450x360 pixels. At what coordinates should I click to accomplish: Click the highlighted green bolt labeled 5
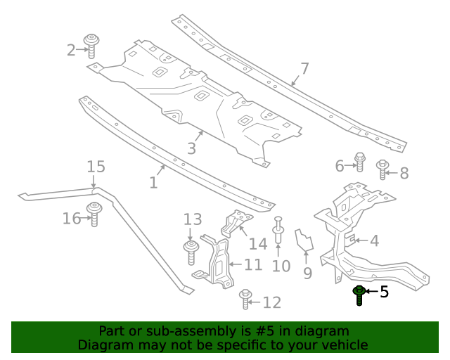click(359, 295)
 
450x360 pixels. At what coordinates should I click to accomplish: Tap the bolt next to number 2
click(91, 45)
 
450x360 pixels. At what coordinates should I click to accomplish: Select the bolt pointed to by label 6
click(359, 162)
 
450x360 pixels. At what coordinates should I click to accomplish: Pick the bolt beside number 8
click(382, 169)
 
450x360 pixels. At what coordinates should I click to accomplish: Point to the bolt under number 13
click(190, 250)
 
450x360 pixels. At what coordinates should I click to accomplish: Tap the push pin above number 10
click(278, 230)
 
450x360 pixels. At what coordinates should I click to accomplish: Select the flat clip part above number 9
click(305, 240)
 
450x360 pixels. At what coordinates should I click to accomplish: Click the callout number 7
click(304, 68)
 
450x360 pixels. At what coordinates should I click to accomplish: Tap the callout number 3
click(191, 148)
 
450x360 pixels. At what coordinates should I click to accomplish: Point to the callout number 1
click(153, 183)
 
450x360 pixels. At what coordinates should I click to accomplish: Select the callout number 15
click(96, 167)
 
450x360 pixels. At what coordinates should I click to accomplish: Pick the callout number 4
click(374, 241)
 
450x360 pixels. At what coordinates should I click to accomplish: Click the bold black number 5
click(384, 291)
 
